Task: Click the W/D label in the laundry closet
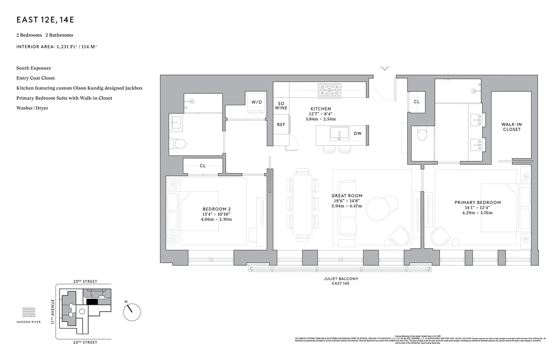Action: click(x=256, y=102)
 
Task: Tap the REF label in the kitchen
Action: click(x=281, y=125)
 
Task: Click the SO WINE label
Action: click(x=281, y=105)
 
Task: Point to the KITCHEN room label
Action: click(x=321, y=109)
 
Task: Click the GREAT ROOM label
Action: click(x=347, y=196)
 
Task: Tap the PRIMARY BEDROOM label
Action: click(x=477, y=203)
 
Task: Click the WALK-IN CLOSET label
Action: click(x=512, y=127)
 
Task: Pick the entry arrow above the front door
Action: click(x=385, y=69)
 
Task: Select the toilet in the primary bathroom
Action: click(x=422, y=135)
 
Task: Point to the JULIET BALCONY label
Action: click(x=341, y=279)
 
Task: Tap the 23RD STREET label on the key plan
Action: click(x=84, y=282)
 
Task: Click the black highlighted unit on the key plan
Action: click(x=92, y=302)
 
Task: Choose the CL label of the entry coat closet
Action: click(x=416, y=102)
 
